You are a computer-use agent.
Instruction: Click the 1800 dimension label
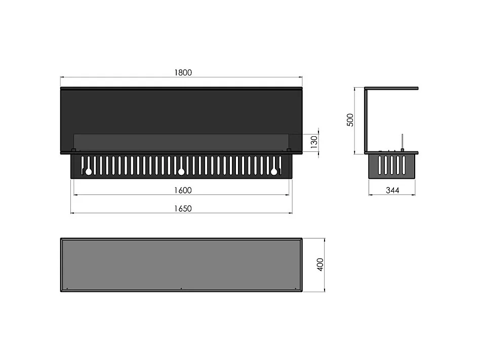(183, 72)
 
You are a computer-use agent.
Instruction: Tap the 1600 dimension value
(183, 190)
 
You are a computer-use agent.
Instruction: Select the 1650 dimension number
(183, 209)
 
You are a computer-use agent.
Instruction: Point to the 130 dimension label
(314, 142)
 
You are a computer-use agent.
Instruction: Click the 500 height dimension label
(350, 120)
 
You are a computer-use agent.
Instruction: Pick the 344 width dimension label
(392, 190)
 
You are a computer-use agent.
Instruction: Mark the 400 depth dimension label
(320, 264)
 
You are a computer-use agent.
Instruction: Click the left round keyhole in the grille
(89, 172)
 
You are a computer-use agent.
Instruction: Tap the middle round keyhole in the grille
(181, 172)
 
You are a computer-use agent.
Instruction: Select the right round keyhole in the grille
(274, 172)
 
